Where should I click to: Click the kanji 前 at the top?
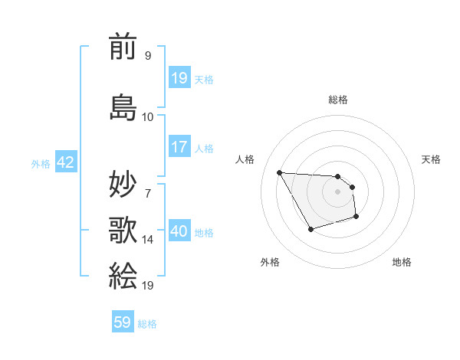pyautogui.click(x=123, y=47)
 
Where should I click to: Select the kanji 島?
pyautogui.click(x=123, y=106)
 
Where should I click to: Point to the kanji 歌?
pyautogui.click(x=123, y=229)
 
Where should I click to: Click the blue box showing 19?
pyautogui.click(x=179, y=78)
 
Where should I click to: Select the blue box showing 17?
pyautogui.click(x=179, y=147)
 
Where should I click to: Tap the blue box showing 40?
pyautogui.click(x=179, y=231)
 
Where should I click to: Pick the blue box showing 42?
pyautogui.click(x=65, y=162)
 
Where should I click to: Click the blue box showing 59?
pyautogui.click(x=123, y=322)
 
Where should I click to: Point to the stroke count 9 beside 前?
pyautogui.click(x=147, y=55)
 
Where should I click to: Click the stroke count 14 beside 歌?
pyautogui.click(x=148, y=240)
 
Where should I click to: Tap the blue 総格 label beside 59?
pyautogui.click(x=147, y=324)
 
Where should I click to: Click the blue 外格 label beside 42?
pyautogui.click(x=41, y=163)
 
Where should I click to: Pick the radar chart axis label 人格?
pyautogui.click(x=245, y=159)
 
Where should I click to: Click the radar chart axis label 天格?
pyautogui.click(x=431, y=159)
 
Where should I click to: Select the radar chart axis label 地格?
pyautogui.click(x=402, y=262)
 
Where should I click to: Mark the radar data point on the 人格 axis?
pyautogui.click(x=279, y=172)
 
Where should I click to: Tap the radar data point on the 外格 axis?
pyautogui.click(x=310, y=229)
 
